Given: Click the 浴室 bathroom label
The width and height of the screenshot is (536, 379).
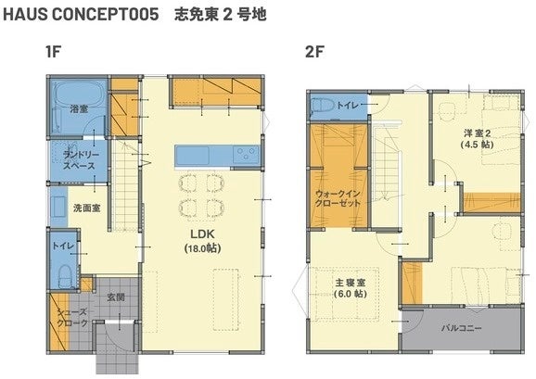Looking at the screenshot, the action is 79,109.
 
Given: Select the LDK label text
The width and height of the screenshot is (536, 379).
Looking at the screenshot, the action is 202,234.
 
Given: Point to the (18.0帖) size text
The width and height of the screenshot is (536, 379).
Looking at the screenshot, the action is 202,248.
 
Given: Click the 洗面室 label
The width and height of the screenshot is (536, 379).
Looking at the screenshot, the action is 87,208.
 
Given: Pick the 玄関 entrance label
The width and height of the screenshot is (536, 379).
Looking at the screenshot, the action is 116,297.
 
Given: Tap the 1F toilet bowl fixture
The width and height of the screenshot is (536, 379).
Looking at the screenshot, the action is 64,275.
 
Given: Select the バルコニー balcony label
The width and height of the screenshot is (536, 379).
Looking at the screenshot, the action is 461,328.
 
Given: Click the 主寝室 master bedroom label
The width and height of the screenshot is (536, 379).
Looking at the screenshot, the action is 351,283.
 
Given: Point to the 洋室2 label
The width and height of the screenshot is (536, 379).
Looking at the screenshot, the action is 478,133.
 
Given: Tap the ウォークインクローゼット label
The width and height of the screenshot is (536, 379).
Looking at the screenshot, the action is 338,198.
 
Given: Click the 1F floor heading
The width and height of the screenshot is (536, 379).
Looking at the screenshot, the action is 53,52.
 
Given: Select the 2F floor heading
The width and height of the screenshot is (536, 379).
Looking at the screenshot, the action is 314,52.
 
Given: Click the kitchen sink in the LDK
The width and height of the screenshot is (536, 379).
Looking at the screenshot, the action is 193,156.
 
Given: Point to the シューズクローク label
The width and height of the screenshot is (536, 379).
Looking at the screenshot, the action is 72,318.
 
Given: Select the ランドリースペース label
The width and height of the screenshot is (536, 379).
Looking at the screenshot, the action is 79,160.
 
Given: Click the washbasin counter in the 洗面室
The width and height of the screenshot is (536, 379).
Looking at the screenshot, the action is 59,207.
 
